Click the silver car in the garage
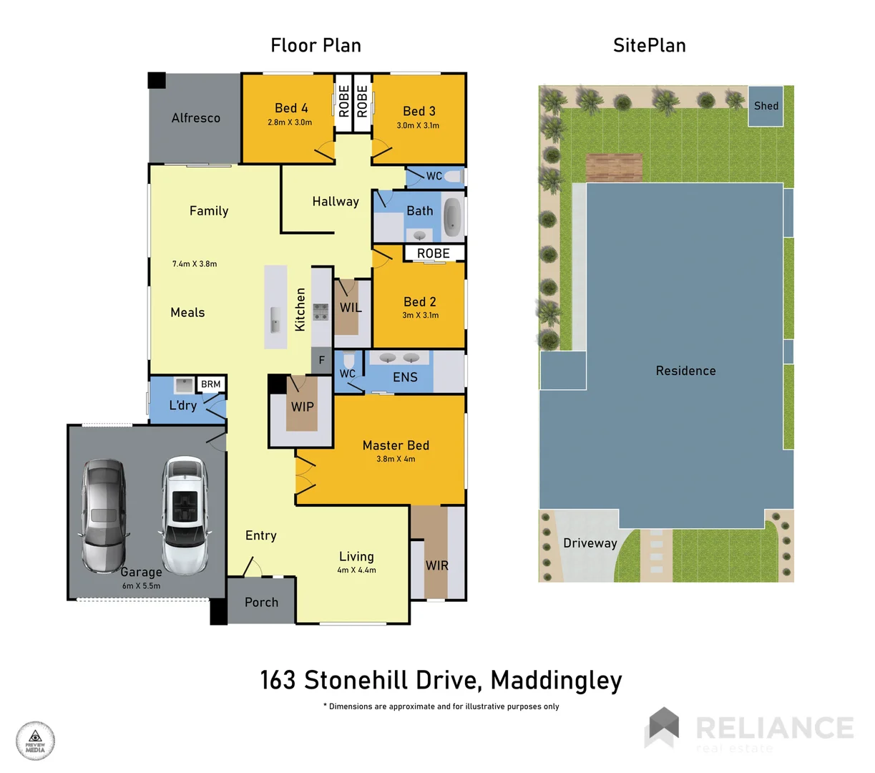(x=104, y=515)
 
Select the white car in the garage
(x=185, y=512)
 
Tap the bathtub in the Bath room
(x=452, y=217)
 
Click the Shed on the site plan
(x=766, y=106)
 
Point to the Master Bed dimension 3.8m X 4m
(x=396, y=459)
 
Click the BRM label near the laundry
(x=210, y=384)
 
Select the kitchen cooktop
(x=321, y=311)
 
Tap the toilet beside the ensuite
(x=348, y=359)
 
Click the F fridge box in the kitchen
(x=322, y=360)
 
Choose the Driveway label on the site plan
(x=590, y=543)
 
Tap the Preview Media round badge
(x=35, y=741)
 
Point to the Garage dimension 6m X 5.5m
(x=141, y=585)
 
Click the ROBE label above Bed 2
(x=433, y=253)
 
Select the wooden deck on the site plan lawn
(x=614, y=167)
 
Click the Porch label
(x=261, y=603)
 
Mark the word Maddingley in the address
(x=557, y=680)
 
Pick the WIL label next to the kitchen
(x=350, y=308)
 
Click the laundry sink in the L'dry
(x=184, y=385)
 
